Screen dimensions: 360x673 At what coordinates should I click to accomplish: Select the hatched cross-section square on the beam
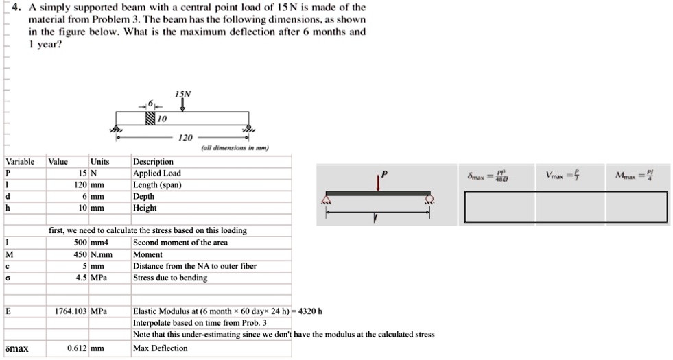[150, 120]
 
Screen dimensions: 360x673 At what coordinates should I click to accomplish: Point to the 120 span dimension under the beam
[185, 137]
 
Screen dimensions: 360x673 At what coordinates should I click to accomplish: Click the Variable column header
[20, 162]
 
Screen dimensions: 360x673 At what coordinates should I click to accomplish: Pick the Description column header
[153, 162]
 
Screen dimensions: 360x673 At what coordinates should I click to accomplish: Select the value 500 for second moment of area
[80, 243]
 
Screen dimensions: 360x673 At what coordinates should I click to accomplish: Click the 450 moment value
[80, 254]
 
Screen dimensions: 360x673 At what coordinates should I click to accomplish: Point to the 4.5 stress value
[81, 278]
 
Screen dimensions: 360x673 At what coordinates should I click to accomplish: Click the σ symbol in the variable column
[7, 278]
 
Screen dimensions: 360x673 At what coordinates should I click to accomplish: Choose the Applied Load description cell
[156, 173]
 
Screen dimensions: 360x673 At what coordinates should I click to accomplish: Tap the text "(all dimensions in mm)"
[235, 148]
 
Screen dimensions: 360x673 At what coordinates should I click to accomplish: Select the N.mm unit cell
[101, 254]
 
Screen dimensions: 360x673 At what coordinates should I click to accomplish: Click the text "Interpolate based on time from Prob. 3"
[200, 323]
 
